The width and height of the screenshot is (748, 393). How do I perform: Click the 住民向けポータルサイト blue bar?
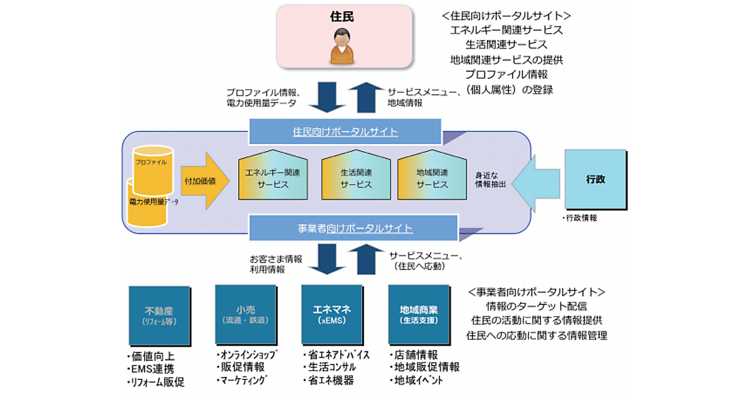345,132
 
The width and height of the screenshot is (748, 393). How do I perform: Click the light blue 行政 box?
595,180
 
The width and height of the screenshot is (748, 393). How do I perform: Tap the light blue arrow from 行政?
538,181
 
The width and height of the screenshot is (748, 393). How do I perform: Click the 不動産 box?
159,316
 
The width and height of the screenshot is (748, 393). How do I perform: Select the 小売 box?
245,314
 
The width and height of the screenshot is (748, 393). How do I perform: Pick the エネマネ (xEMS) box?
332,314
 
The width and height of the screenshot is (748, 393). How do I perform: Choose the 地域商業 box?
418,314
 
